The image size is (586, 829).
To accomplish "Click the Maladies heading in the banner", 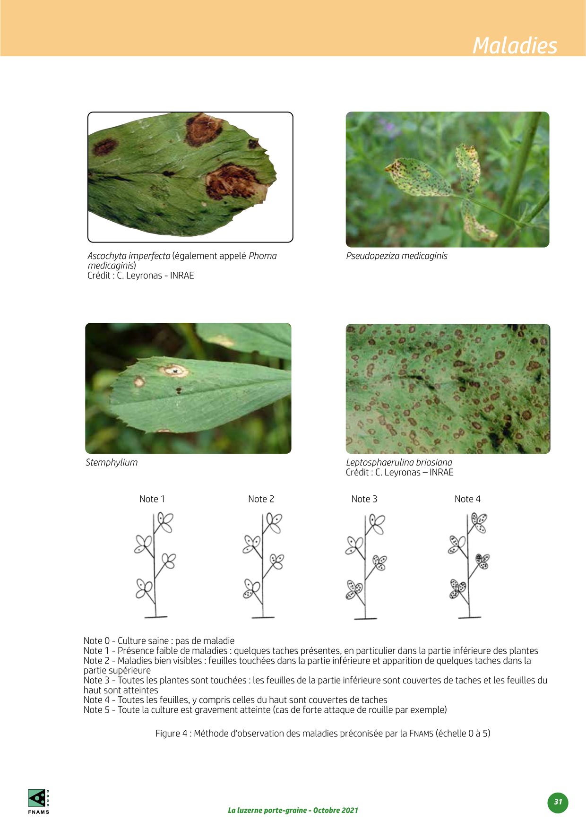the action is pyautogui.click(x=515, y=45).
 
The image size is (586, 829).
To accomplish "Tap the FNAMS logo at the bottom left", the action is pyautogui.click(x=38, y=802).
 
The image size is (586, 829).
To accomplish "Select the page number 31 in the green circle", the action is pyautogui.click(x=558, y=802).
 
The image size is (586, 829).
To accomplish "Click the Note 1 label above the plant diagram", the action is pyautogui.click(x=152, y=499).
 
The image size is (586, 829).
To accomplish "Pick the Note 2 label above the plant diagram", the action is pyautogui.click(x=261, y=499).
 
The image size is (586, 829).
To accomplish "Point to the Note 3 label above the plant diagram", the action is pyautogui.click(x=364, y=499).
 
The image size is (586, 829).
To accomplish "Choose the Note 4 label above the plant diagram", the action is pyautogui.click(x=467, y=499).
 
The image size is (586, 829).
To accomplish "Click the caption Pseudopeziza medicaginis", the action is pyautogui.click(x=396, y=256).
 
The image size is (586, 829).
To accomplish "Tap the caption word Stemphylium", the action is pyautogui.click(x=112, y=463).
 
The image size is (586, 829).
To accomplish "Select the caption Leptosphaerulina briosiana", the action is pyautogui.click(x=399, y=463).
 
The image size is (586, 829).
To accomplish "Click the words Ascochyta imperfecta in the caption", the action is pyautogui.click(x=129, y=256).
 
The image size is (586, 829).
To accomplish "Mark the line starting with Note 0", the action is pyautogui.click(x=159, y=641).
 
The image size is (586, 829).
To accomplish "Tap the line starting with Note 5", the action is pyautogui.click(x=265, y=710).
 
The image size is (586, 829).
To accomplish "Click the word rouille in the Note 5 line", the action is pyautogui.click(x=378, y=710).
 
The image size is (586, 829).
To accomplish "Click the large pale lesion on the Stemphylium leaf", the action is pyautogui.click(x=173, y=371).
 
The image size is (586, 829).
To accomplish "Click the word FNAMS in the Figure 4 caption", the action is pyautogui.click(x=421, y=734).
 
